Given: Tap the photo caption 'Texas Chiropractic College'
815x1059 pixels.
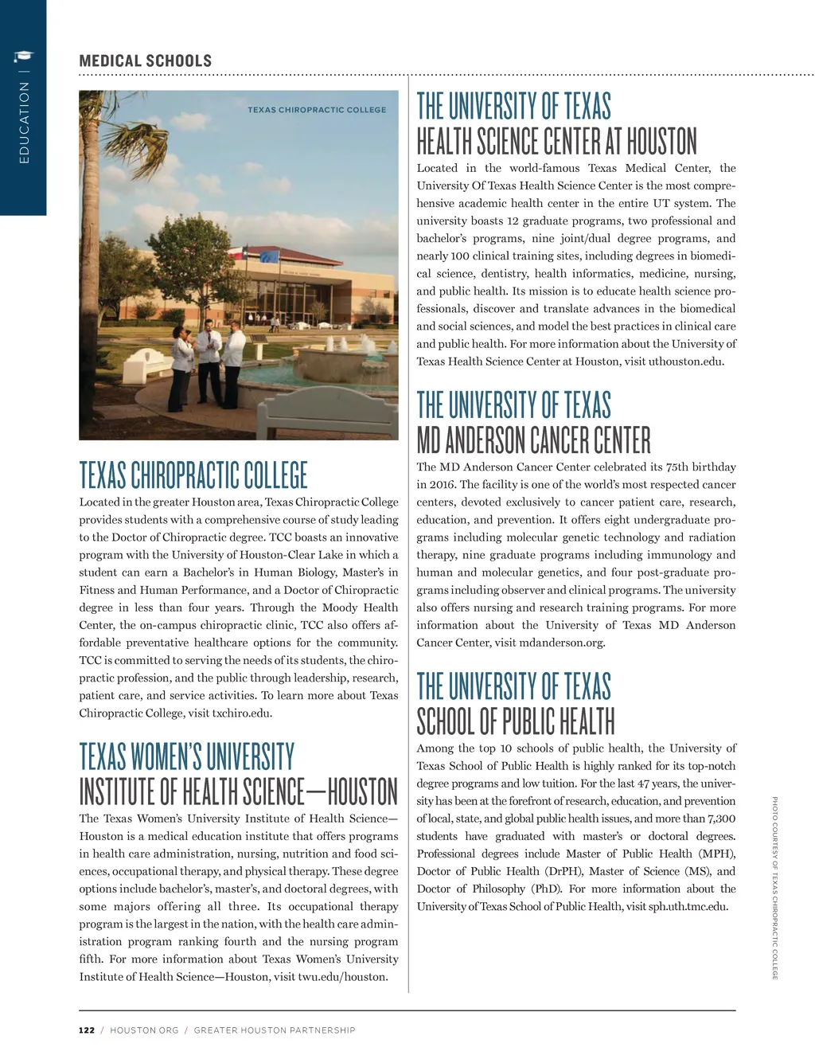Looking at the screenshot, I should click(317, 110).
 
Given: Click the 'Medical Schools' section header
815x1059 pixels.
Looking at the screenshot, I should click(146, 61).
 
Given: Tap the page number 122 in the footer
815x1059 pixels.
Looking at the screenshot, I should click(86, 1030).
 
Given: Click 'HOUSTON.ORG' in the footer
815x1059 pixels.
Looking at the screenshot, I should click(144, 1030).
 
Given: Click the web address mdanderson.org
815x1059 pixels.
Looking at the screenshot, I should click(562, 643).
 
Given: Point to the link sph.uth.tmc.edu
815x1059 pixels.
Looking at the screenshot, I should click(688, 906).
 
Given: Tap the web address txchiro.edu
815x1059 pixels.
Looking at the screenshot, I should click(242, 713).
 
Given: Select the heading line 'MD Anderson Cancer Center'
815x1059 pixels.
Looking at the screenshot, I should click(533, 440).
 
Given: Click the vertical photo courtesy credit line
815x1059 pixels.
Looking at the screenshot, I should click(775, 888).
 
